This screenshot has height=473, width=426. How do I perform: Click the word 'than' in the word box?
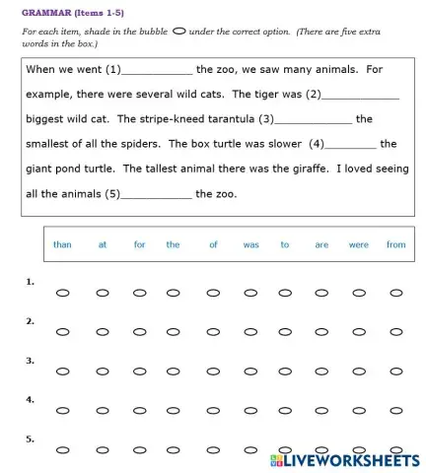click(62, 244)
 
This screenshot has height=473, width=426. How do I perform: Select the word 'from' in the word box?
click(395, 244)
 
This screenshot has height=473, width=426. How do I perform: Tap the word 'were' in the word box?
click(358, 244)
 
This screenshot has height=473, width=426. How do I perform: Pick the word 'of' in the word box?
click(213, 244)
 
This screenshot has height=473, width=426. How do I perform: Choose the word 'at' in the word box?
click(103, 244)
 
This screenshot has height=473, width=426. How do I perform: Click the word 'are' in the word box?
click(321, 244)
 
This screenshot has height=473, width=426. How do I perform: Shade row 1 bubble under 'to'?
click(285, 293)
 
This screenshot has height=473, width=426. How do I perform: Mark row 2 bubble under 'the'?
click(174, 332)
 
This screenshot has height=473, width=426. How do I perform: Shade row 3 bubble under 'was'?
click(249, 372)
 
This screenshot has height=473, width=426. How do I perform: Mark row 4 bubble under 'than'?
click(62, 411)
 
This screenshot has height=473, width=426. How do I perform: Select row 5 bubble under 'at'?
click(103, 450)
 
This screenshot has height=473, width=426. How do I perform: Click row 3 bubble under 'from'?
click(395, 372)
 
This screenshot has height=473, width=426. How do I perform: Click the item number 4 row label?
click(31, 399)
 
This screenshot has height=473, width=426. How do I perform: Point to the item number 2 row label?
click(31, 320)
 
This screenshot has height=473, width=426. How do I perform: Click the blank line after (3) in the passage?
click(314, 120)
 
